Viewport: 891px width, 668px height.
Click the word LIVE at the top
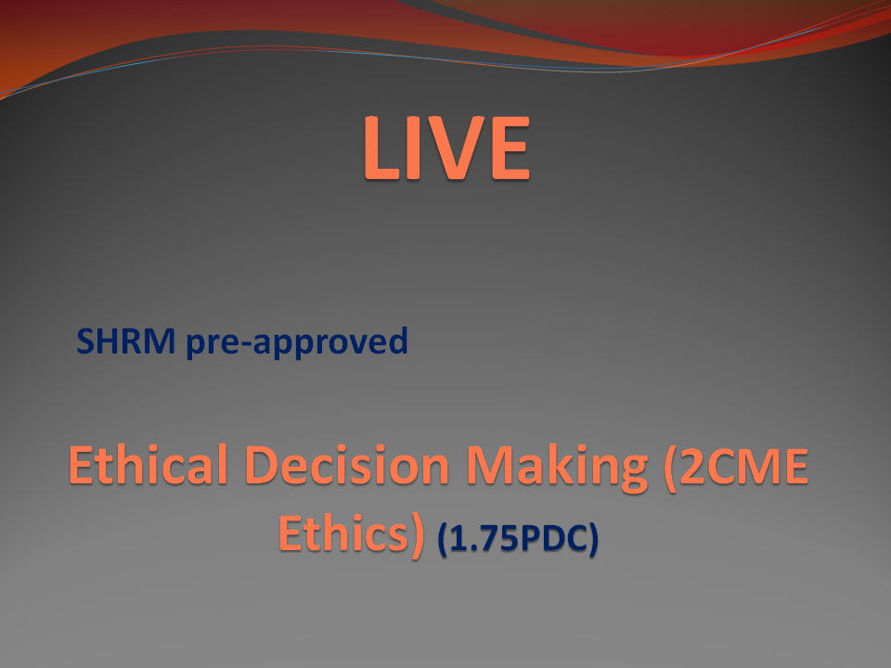click(446, 148)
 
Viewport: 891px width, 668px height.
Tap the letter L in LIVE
click(381, 148)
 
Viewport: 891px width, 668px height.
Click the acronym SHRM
click(125, 340)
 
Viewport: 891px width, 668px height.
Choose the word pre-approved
click(297, 342)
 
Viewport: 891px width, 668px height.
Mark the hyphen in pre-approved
click(244, 344)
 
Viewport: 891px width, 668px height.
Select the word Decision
click(347, 465)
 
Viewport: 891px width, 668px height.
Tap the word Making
click(557, 468)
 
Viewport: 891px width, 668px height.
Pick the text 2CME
click(743, 467)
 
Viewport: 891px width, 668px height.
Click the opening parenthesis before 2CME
click(670, 468)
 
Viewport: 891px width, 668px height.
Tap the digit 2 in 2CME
click(692, 467)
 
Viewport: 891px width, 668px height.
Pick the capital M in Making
click(491, 466)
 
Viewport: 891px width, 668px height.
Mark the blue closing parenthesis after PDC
click(593, 538)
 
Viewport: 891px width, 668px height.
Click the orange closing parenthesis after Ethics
click(417, 535)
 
